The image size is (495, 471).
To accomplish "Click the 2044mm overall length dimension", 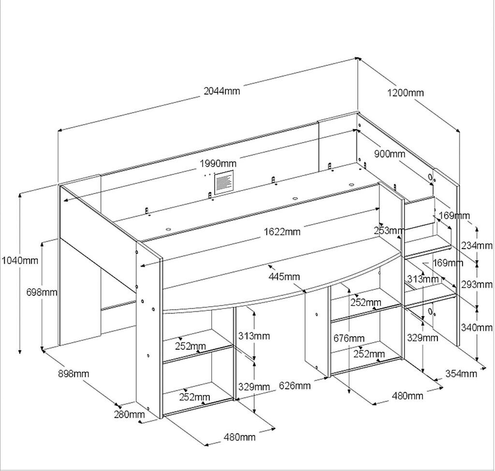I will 222,91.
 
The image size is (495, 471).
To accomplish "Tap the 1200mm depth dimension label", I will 405,92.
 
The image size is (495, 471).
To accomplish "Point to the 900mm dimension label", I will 390,154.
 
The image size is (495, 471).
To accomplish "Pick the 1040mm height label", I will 19,261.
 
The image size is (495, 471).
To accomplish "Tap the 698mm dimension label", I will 42,292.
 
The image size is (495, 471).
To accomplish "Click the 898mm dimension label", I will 73,373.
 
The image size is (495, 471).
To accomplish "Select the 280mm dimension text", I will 129,414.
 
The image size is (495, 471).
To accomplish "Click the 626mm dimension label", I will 295,385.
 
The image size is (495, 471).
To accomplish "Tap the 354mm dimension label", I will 461,373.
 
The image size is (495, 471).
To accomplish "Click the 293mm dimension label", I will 477,284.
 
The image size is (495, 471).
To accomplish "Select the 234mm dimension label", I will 477,246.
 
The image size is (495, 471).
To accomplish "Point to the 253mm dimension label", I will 389,231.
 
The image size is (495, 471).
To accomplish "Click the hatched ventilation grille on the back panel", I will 223,183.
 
